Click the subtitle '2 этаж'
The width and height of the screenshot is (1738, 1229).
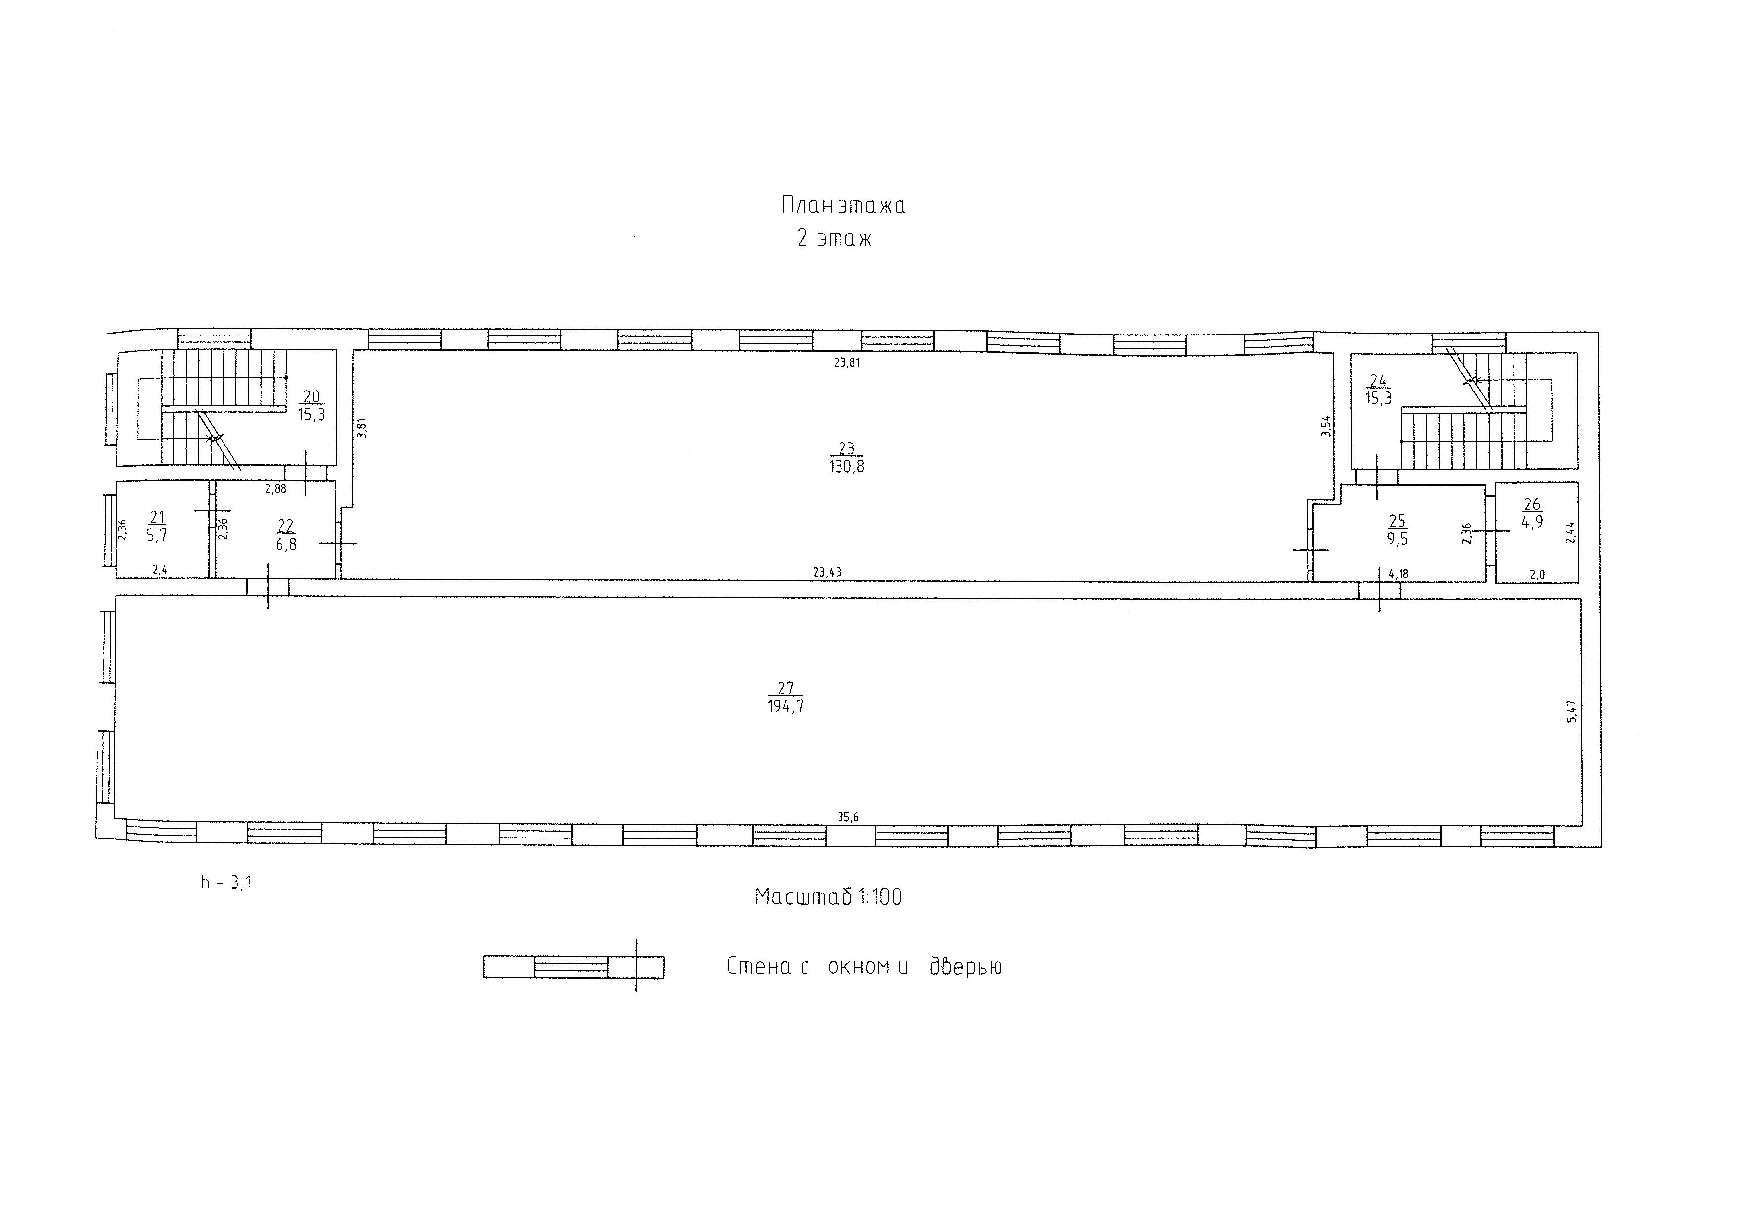[834, 239]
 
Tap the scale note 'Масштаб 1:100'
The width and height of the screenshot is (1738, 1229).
[828, 897]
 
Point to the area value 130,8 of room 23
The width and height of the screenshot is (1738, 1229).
[846, 467]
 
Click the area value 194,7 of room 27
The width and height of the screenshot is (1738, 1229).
[785, 706]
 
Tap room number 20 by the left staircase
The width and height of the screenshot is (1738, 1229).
[311, 396]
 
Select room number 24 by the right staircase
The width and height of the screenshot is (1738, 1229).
[1378, 381]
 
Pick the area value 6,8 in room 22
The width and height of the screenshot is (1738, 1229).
[286, 544]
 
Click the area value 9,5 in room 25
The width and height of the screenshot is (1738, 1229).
[1398, 540]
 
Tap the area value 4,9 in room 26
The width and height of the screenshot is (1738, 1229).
[1532, 522]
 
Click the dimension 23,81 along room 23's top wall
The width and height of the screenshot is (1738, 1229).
[847, 362]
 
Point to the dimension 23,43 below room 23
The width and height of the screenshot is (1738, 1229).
[827, 573]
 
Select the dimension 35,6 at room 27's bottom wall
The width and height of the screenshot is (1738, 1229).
[848, 817]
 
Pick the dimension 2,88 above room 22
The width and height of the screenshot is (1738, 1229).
[276, 489]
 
